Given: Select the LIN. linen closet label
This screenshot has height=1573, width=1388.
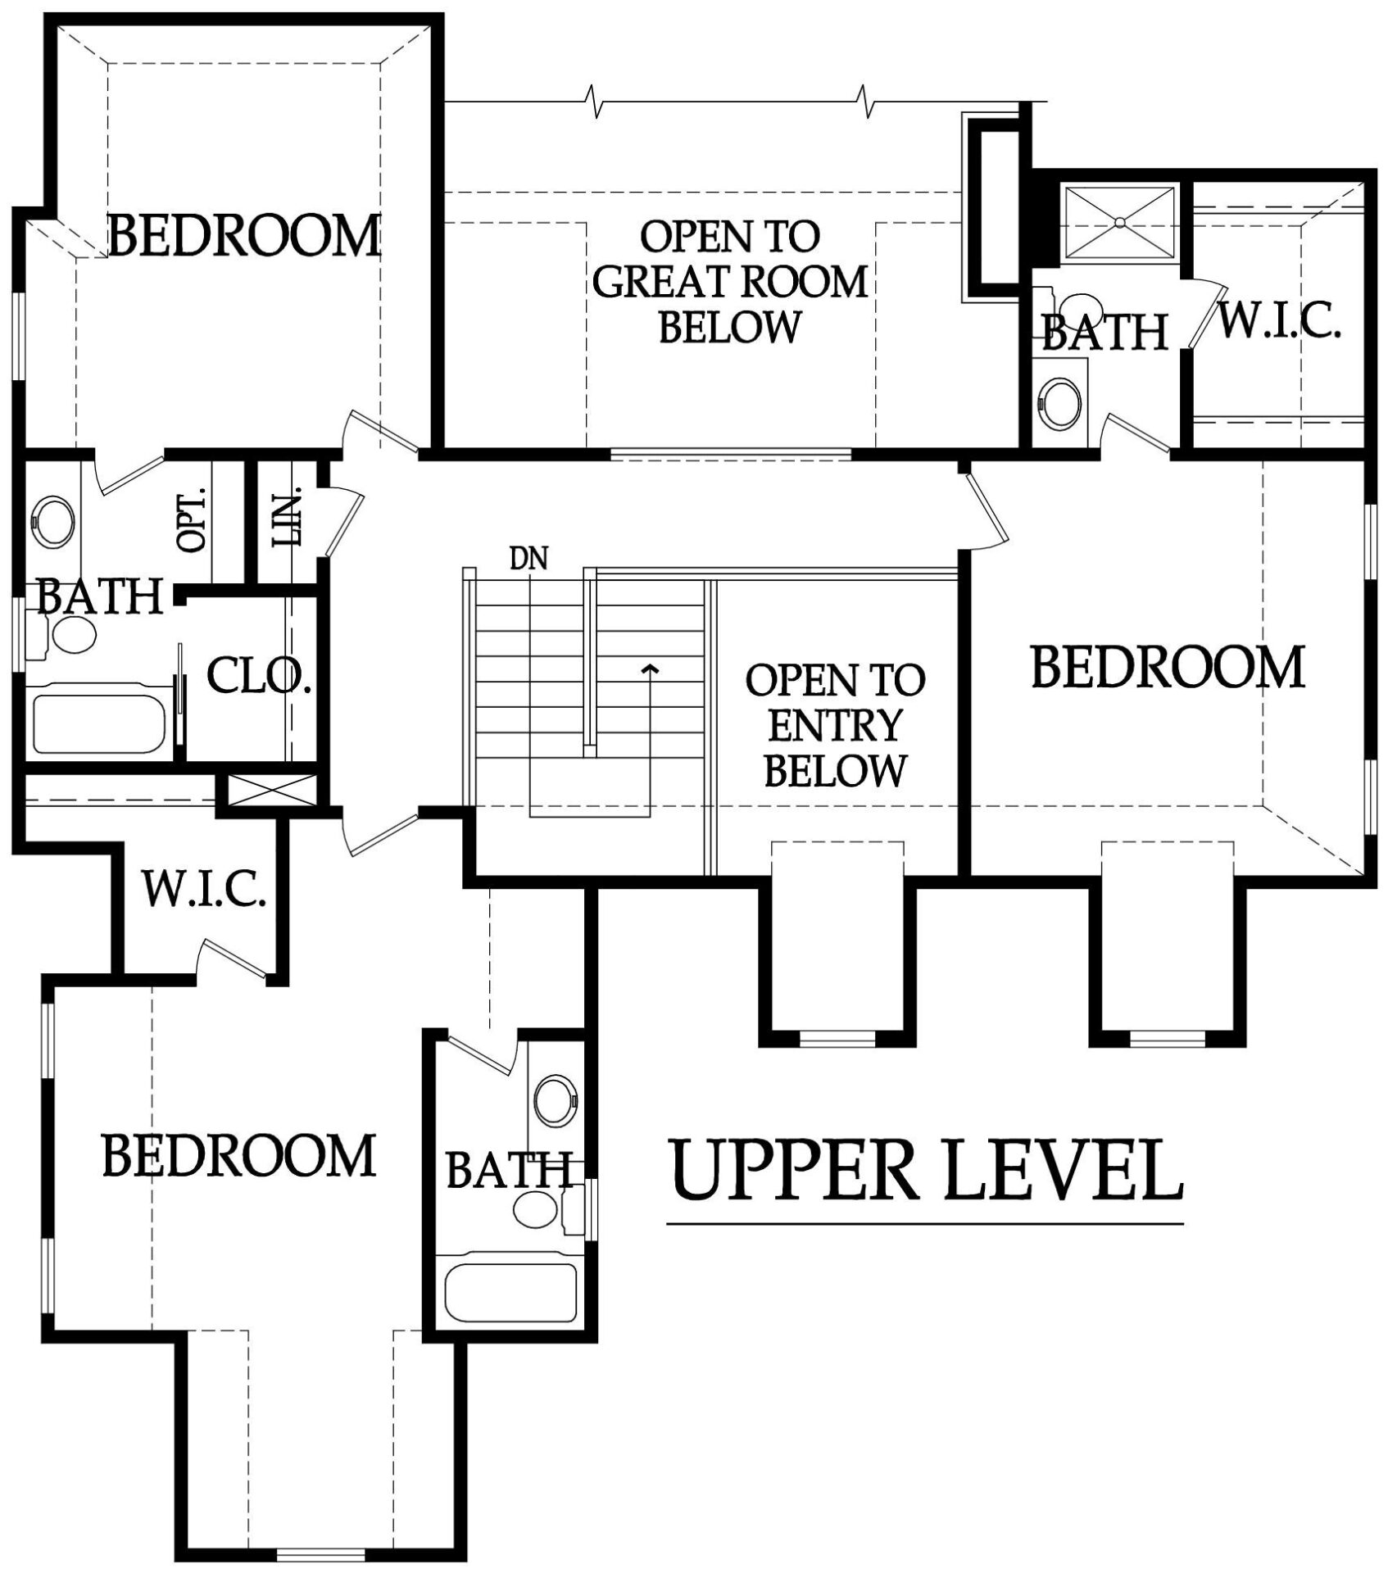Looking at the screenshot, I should (x=287, y=518).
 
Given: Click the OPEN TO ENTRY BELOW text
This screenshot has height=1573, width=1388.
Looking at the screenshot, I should (x=835, y=725).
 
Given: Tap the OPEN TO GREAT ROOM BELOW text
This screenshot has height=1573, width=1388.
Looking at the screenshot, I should (x=729, y=281).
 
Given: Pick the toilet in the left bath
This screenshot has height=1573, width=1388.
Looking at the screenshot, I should (x=66, y=635).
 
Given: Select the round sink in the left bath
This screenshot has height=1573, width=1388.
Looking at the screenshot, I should (x=52, y=519).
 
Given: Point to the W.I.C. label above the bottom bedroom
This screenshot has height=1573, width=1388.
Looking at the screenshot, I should (x=205, y=889).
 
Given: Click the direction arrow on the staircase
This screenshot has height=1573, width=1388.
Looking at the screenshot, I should (x=651, y=671).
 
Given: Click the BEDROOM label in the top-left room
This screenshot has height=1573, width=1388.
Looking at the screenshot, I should (x=244, y=235).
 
